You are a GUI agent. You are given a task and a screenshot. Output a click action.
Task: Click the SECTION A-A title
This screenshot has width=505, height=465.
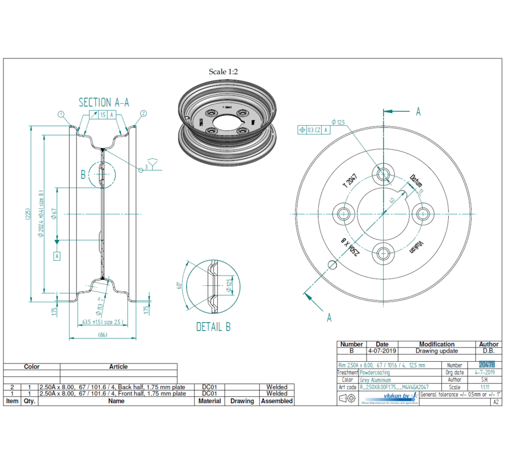click(104, 102)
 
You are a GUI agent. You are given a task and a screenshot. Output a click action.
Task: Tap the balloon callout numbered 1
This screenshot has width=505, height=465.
click(60, 114)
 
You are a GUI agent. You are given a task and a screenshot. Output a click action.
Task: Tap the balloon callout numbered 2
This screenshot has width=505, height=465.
click(143, 113)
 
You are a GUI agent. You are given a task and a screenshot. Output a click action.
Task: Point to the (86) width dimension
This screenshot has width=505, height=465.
click(103, 335)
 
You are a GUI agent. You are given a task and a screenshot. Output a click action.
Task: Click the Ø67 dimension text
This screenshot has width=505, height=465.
click(54, 214)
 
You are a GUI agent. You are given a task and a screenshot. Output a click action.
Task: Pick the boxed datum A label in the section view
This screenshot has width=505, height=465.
click(57, 256)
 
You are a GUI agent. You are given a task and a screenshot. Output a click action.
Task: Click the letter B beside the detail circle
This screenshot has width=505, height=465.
click(83, 175)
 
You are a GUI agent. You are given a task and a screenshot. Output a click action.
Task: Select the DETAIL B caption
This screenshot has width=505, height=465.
click(213, 327)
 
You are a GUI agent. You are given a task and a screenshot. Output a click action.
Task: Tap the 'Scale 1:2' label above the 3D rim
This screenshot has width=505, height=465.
click(224, 71)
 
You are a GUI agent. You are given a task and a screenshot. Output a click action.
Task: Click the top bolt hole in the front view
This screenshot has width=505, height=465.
click(384, 174)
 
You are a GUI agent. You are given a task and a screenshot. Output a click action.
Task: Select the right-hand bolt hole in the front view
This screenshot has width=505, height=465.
click(423, 214)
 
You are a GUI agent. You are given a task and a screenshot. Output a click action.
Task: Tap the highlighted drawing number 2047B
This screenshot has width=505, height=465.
click(486, 365)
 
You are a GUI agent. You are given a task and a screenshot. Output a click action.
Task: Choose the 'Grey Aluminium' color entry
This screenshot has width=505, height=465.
click(375, 380)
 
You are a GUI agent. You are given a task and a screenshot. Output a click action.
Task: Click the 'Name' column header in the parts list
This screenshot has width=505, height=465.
click(116, 401)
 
